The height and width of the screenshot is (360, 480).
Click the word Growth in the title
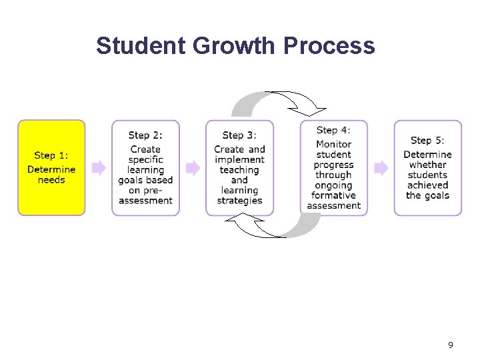click(234, 46)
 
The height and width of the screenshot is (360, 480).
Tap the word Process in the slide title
click(329, 46)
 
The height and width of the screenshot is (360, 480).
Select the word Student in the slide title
click(141, 46)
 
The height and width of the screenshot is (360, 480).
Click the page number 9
click(451, 345)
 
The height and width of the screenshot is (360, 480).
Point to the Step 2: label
click(145, 135)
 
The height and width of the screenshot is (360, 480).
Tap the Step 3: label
click(239, 135)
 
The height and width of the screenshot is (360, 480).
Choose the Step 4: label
click(333, 130)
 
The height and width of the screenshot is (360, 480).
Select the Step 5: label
click(427, 140)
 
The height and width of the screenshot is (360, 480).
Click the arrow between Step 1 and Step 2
click(99, 167)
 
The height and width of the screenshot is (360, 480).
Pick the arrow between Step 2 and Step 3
click(193, 167)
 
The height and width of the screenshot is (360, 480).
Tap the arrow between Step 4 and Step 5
click(381, 167)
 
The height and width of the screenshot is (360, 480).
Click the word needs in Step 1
click(51, 180)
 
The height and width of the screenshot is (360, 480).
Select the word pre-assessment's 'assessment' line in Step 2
click(145, 200)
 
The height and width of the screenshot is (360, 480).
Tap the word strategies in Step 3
click(239, 200)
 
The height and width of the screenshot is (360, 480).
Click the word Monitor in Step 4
click(333, 144)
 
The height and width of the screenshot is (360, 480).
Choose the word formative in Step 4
click(333, 195)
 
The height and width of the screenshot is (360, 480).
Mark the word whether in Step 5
click(427, 165)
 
